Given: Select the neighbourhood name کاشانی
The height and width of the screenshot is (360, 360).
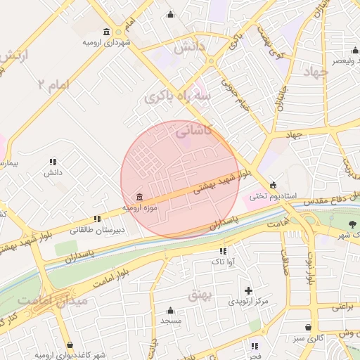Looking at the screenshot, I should coord(193,130).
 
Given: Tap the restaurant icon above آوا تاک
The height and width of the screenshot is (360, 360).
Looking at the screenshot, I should coord(223,251).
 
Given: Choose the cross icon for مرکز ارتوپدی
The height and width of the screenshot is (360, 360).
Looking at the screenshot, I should coord(247,290).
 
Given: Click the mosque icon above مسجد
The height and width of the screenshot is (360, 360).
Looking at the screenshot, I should coord(170,310).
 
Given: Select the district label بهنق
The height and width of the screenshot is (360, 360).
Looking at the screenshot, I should coord(199,295).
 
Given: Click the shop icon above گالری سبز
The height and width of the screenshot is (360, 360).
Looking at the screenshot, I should coord(308,327).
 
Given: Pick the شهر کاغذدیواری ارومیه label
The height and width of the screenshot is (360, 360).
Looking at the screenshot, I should coord(70,354).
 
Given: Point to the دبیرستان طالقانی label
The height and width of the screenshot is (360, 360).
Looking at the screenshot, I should coord(97,229).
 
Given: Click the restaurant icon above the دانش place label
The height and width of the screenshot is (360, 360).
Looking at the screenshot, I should coord(53,162).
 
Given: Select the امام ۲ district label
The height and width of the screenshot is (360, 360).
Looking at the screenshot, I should coord(53,84).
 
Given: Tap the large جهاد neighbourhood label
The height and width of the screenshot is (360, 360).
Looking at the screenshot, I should coord(315,72).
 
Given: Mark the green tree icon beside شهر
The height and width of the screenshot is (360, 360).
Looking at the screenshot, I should coord(352,224).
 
